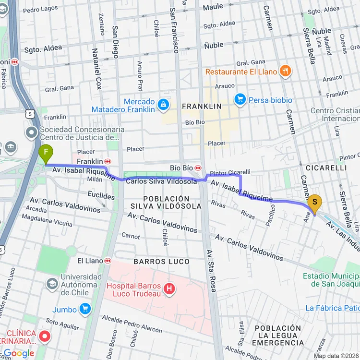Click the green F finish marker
coord(46,154)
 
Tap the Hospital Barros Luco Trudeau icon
coord(168,288)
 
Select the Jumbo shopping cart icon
coord(85,309)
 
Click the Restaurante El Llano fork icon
coord(285,71)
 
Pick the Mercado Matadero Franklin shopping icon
coord(164,104)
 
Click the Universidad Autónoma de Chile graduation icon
coord(51,284)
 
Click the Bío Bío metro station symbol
coord(198,168)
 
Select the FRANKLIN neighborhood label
coord(202,106)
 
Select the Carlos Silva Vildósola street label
coord(161,181)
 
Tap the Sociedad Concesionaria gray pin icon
coord(32,132)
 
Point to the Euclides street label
coord(101,196)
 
